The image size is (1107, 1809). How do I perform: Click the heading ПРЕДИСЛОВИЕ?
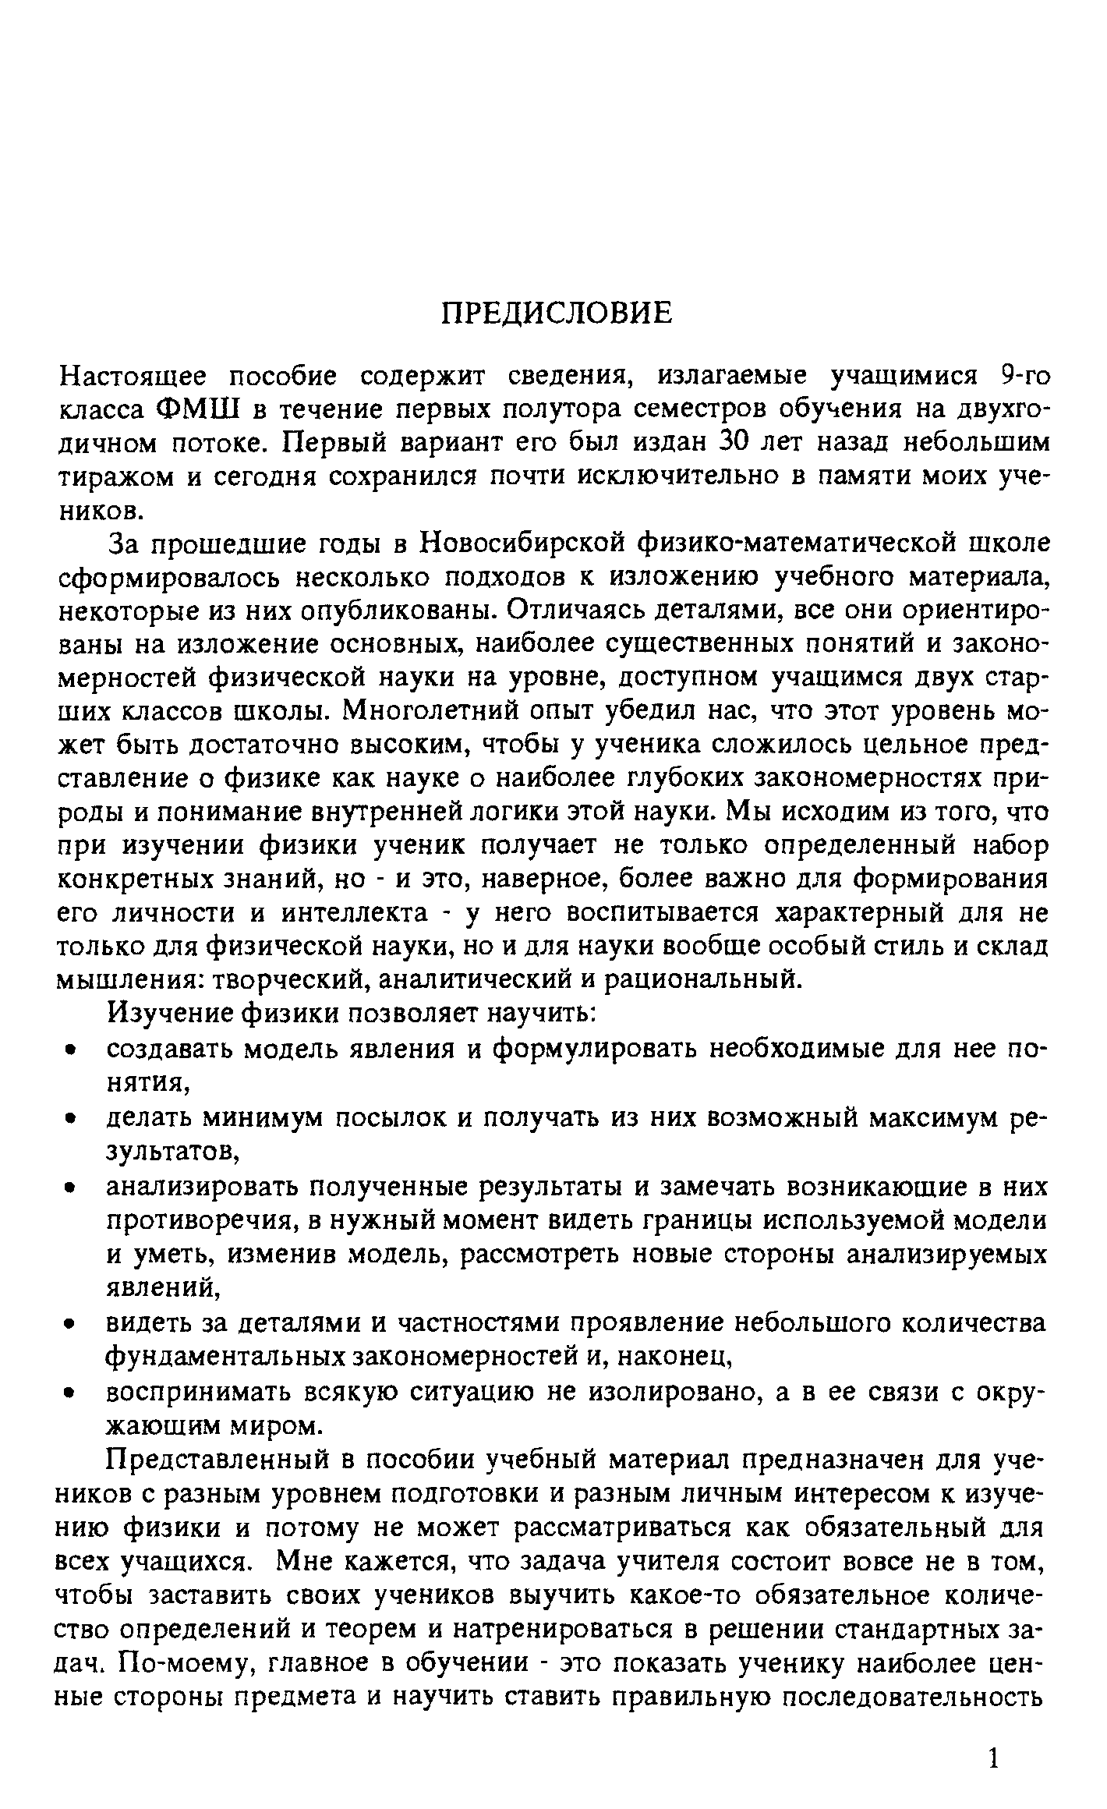556,313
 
